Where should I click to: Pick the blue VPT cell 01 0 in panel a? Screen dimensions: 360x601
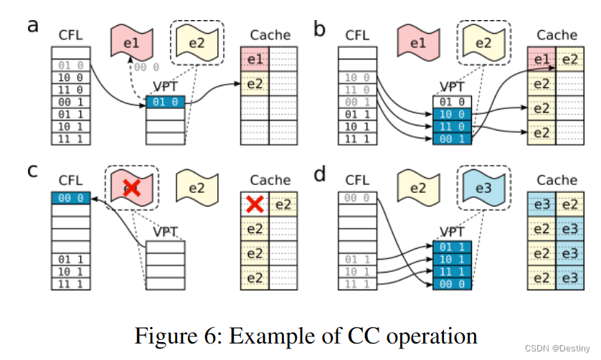[165, 103]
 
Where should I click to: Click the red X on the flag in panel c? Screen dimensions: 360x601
[130, 188]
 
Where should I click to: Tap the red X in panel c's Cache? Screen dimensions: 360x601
[252, 205]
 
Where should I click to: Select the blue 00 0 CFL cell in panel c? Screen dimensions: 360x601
[71, 198]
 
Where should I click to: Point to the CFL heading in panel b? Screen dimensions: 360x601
[356, 34]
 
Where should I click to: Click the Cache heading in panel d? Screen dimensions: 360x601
[557, 179]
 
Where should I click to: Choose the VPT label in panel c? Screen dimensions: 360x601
[166, 232]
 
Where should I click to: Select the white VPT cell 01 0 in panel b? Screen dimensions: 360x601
[452, 103]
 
